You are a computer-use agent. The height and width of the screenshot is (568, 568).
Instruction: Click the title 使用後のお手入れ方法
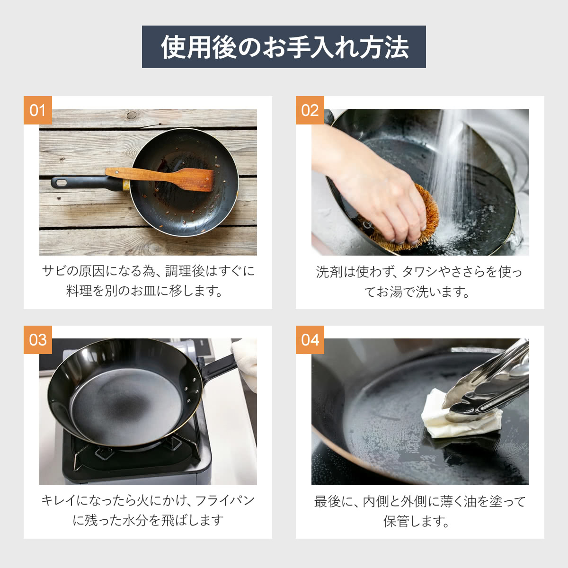pyautogui.click(x=284, y=47)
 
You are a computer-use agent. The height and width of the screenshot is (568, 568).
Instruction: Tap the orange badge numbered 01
pyautogui.click(x=37, y=110)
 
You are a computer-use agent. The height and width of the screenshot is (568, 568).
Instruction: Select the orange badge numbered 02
pyautogui.click(x=310, y=110)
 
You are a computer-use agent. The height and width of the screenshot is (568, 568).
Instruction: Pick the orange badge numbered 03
pyautogui.click(x=37, y=340)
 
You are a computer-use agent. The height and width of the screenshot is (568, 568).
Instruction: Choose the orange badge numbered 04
pyautogui.click(x=310, y=340)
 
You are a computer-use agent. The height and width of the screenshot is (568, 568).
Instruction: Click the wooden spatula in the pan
pyautogui.click(x=170, y=177)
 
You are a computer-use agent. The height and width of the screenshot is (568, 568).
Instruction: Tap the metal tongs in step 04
pyautogui.click(x=492, y=383)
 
